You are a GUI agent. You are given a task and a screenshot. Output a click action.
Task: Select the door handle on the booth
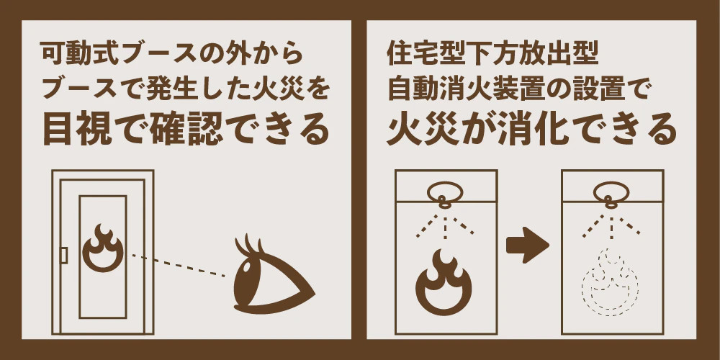click(x=64, y=256)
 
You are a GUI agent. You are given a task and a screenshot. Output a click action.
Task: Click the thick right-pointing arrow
click(x=528, y=245)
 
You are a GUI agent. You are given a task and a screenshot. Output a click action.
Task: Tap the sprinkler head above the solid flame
click(x=445, y=194)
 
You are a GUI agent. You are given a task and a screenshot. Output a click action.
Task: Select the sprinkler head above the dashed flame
click(x=611, y=194)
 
